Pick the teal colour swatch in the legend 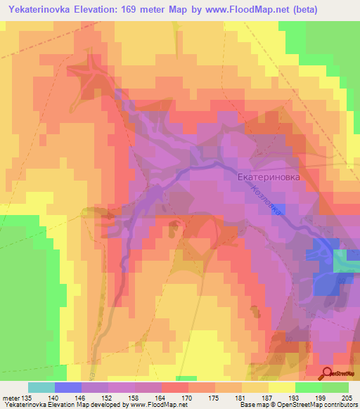pos(41,387)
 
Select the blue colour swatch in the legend pos(68,387)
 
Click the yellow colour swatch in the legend pos(281,387)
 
